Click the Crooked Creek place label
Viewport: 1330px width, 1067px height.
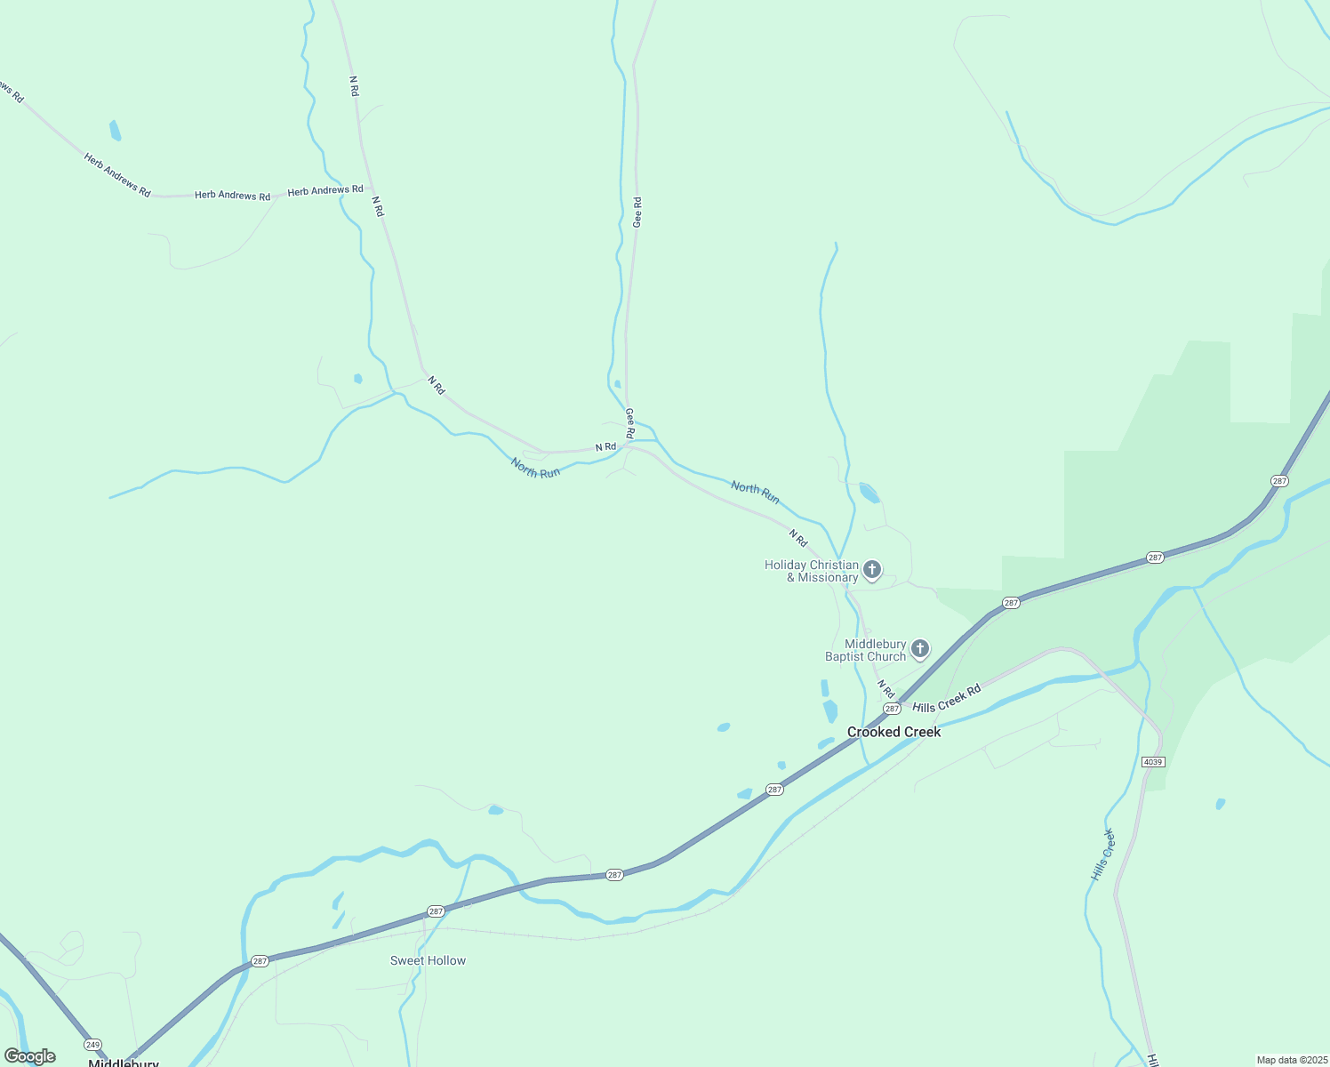tap(893, 732)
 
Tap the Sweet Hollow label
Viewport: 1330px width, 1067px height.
tap(428, 960)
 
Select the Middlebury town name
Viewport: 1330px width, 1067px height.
tap(124, 1063)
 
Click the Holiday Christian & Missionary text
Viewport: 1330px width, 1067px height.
tap(812, 571)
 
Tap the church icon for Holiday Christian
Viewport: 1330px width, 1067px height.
tap(872, 570)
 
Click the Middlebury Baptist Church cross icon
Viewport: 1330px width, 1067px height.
tap(920, 649)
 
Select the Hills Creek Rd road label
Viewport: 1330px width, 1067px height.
tap(947, 698)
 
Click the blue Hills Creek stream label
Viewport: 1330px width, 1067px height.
tap(1102, 854)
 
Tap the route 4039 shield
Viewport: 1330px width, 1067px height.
tap(1152, 762)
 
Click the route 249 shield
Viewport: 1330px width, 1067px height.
tap(92, 1044)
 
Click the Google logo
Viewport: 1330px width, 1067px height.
tap(30, 1056)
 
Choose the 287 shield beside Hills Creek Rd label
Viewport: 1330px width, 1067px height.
tap(892, 709)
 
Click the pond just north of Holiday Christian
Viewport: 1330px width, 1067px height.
tap(869, 493)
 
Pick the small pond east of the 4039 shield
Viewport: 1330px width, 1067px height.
tap(1221, 804)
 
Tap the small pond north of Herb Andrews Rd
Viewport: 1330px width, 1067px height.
tap(115, 131)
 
